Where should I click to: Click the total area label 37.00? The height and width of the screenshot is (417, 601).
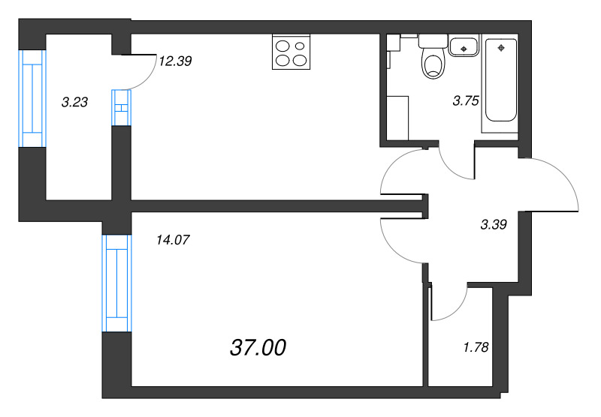click(258, 348)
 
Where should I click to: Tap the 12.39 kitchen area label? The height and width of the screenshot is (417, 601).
click(175, 61)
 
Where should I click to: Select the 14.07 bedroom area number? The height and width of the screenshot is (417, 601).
click(173, 240)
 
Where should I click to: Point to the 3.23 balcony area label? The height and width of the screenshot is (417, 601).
click(74, 102)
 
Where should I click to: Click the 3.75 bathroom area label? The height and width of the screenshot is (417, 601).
click(466, 101)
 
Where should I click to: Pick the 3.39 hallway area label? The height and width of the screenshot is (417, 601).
click(494, 224)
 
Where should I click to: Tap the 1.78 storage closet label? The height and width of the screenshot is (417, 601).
click(476, 347)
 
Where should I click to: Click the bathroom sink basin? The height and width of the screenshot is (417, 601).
click(464, 46)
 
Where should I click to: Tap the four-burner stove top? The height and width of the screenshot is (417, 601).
click(291, 52)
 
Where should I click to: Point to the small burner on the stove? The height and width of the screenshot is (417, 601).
click(300, 46)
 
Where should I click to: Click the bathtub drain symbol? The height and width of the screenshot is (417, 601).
click(501, 48)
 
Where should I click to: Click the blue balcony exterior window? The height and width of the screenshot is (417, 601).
click(32, 98)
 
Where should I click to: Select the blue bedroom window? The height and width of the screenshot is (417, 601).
click(117, 283)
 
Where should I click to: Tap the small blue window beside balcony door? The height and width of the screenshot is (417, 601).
click(122, 107)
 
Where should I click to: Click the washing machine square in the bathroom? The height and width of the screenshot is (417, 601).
click(397, 118)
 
